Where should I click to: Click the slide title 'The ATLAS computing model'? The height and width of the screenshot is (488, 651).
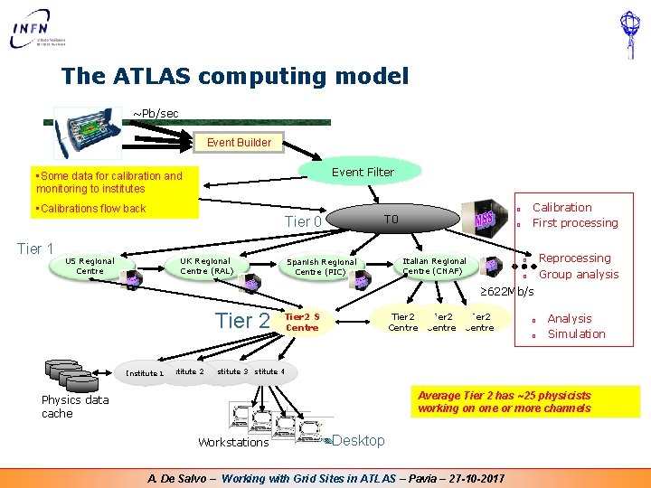235,76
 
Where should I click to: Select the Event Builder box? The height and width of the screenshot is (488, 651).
239,142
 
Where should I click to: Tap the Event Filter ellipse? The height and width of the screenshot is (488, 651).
363,172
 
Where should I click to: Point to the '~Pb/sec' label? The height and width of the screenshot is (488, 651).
156,113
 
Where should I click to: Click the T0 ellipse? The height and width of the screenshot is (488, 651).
391,220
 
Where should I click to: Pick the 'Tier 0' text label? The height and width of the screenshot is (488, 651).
303,222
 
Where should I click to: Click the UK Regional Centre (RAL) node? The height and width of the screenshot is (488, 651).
207,266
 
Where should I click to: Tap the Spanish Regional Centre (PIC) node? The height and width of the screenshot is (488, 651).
321,267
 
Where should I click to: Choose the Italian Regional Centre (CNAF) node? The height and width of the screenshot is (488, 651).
434,266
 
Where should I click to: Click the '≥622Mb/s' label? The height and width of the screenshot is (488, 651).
506,291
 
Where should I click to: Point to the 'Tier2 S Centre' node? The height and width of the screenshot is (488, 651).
302,323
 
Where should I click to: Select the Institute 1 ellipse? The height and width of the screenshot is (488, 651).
145,372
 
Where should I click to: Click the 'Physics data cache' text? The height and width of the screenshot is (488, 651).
75,407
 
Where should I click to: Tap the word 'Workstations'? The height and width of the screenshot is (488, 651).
233,442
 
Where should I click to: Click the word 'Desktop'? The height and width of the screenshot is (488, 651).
358,440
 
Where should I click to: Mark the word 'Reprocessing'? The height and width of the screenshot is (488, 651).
574,258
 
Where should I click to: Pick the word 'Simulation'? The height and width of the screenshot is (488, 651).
576,333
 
